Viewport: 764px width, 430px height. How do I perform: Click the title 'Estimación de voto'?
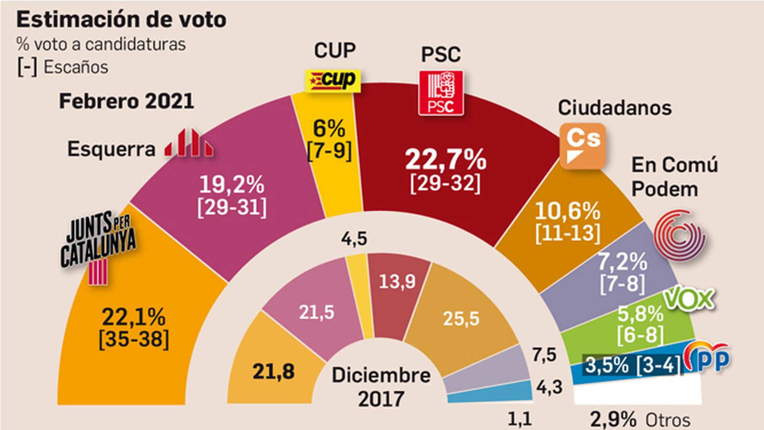click(x=121, y=20)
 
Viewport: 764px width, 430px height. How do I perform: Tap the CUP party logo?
click(x=333, y=80)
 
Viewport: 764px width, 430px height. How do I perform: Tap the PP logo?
click(x=708, y=358)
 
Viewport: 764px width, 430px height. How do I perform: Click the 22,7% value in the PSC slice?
click(x=446, y=160)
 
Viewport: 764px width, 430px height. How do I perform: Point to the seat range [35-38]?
click(x=134, y=340)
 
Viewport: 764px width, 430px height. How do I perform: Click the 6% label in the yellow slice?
click(x=329, y=129)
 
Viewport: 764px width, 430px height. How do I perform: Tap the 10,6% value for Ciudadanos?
click(x=567, y=211)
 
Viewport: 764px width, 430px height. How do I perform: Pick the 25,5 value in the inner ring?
click(x=461, y=319)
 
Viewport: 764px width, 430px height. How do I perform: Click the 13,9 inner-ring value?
click(x=397, y=282)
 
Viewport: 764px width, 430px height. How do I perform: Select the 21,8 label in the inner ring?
click(x=273, y=371)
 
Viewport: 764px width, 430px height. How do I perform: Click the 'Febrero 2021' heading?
click(x=127, y=101)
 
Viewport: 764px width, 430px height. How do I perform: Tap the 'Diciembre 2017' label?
click(x=381, y=387)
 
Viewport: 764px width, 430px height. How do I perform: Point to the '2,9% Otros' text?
click(x=640, y=420)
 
